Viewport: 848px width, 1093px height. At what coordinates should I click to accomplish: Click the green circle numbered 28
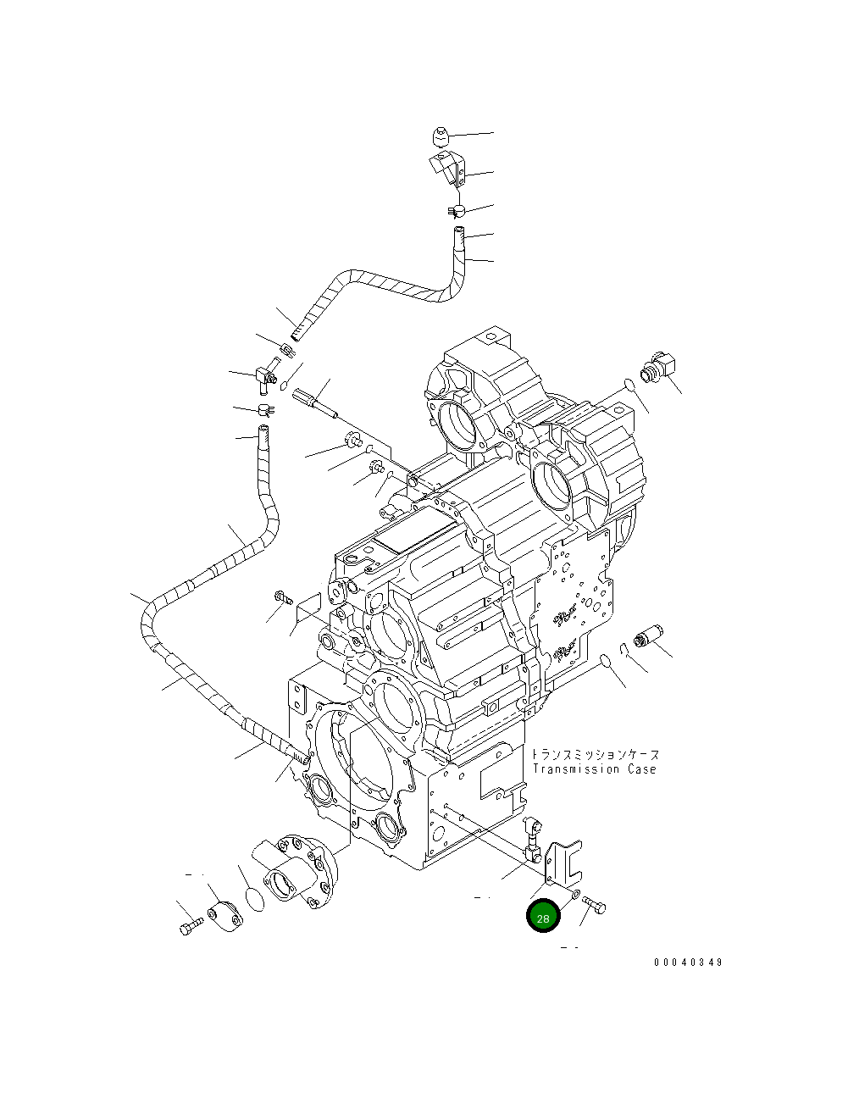pos(543,917)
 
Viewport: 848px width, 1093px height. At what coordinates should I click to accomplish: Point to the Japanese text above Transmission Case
pos(596,754)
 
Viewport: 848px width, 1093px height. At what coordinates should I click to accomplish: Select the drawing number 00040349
pos(688,963)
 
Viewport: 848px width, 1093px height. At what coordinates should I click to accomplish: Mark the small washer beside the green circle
pos(575,895)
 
